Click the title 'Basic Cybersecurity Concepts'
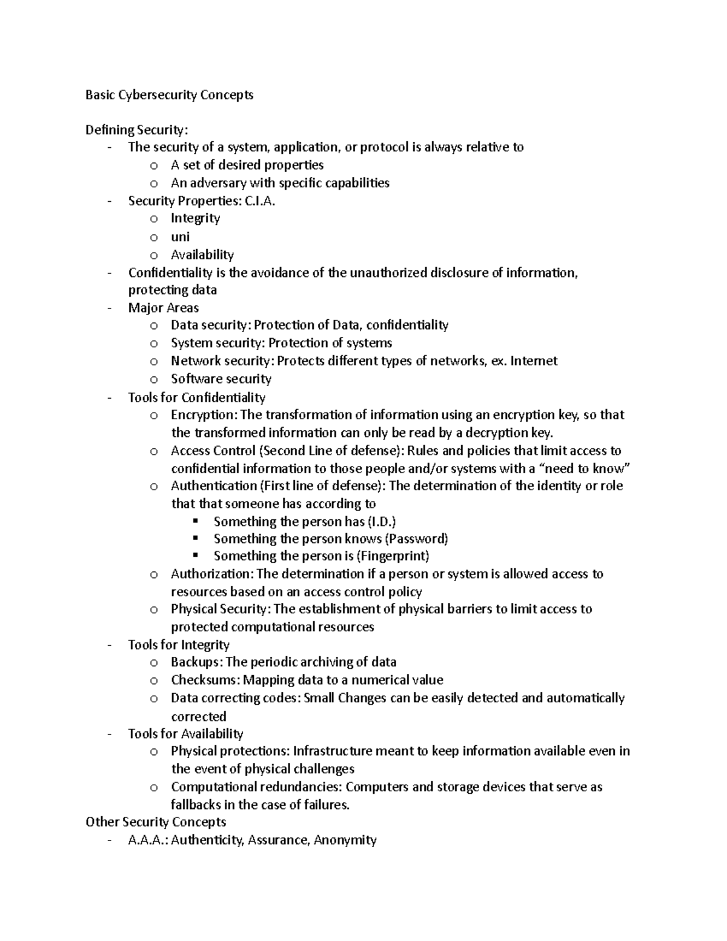pyautogui.click(x=169, y=95)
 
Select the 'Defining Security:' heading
pyautogui.click(x=137, y=130)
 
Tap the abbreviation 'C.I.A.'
pyautogui.click(x=259, y=201)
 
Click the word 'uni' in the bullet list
pyautogui.click(x=180, y=237)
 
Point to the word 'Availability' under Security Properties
pyautogui.click(x=202, y=255)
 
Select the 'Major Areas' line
pyautogui.click(x=164, y=308)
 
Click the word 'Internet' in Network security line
pyautogui.click(x=534, y=361)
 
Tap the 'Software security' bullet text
pyautogui.click(x=221, y=379)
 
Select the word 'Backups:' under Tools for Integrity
pyautogui.click(x=197, y=662)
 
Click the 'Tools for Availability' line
pyautogui.click(x=185, y=734)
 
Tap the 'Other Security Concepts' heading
pyautogui.click(x=156, y=822)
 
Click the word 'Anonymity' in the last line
pyautogui.click(x=345, y=840)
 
